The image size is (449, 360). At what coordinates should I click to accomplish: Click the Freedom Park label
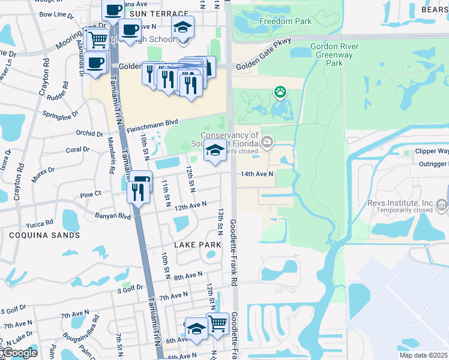pos(277,22)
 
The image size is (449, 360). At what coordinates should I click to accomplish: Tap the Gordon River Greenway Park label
pos(334,55)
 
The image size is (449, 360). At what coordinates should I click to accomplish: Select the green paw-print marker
pos(280,92)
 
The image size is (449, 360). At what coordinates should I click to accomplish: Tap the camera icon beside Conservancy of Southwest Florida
pos(267,142)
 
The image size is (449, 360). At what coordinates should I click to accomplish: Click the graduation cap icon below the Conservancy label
pos(215,150)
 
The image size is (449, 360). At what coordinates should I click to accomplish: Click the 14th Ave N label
pos(257,174)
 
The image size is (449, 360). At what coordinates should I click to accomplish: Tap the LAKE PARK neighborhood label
pos(197,245)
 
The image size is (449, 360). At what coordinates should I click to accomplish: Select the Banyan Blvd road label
pos(112,215)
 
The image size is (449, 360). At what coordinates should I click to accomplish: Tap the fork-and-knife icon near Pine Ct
pos(137,191)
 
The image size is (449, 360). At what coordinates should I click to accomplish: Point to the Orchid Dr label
pos(91,133)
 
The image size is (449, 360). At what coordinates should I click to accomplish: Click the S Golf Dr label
pos(130,288)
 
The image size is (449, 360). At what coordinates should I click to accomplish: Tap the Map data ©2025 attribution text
pos(423,355)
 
